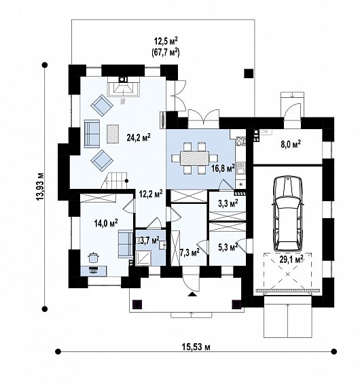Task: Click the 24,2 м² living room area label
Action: [x=139, y=137]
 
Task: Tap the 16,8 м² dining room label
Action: [x=223, y=168]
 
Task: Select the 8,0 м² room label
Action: [x=291, y=144]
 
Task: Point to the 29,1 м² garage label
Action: [x=291, y=259]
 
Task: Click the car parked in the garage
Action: [x=287, y=213]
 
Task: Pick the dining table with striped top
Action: [x=194, y=158]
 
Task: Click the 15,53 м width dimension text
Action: [x=196, y=347]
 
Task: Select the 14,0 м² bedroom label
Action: [x=106, y=223]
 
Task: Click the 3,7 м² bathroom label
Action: [x=150, y=240]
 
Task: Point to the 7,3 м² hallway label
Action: [x=190, y=251]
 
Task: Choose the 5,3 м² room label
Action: [x=228, y=247]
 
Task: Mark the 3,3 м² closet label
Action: [x=228, y=203]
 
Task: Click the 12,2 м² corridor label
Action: [x=151, y=194]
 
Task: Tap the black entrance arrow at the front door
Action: [x=192, y=294]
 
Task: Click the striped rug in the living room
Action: [x=113, y=134]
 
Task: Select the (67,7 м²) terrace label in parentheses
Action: [x=166, y=52]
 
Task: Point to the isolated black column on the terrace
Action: [x=249, y=73]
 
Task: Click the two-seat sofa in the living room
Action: [x=92, y=134]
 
